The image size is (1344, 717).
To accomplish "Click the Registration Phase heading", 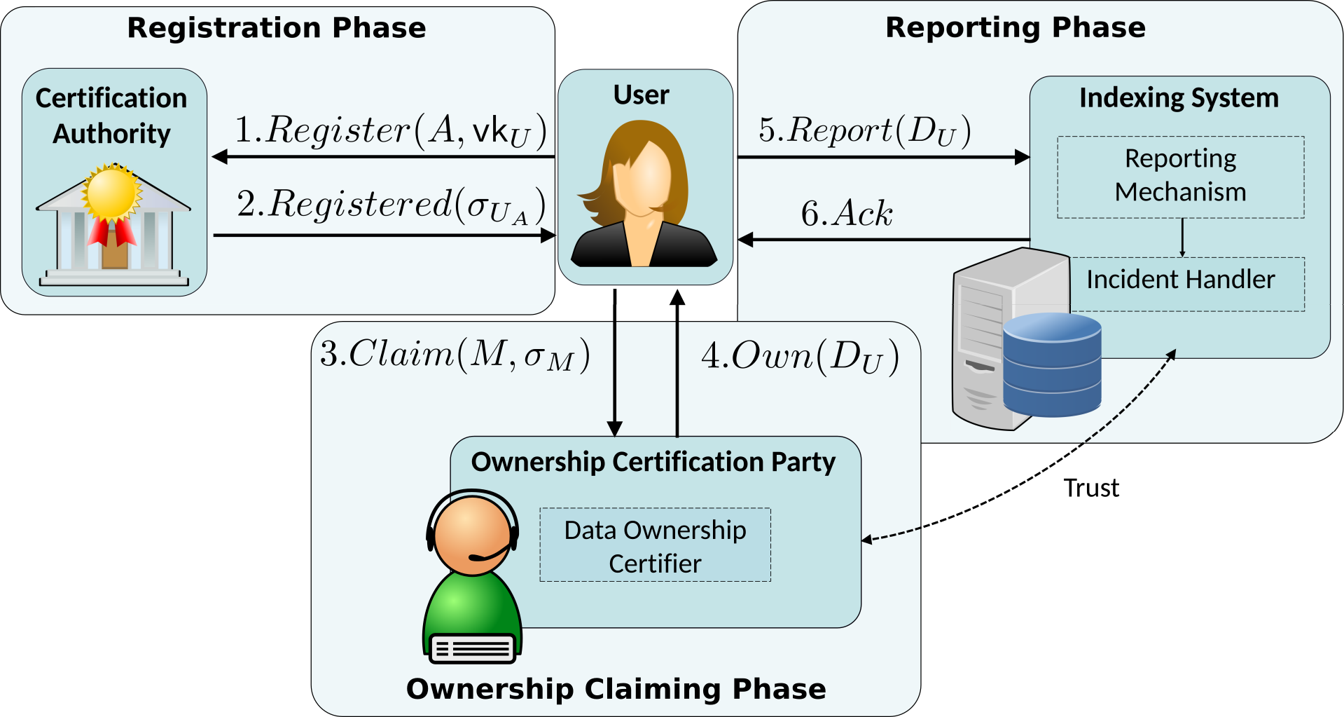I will tap(277, 28).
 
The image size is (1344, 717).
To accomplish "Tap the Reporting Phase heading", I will tap(1015, 27).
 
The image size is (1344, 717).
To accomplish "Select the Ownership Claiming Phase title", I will tap(616, 689).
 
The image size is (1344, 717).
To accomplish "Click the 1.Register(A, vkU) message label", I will tap(390, 131).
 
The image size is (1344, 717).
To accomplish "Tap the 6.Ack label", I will tap(847, 213).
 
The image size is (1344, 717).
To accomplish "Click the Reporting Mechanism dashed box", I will tap(1180, 177).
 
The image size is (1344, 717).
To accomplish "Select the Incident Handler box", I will tap(1181, 280).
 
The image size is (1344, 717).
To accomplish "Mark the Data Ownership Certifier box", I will tap(655, 545).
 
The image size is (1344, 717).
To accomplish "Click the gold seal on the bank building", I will tap(111, 192).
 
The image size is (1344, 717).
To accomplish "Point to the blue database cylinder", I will tap(1051, 364).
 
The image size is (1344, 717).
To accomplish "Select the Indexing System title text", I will tap(1179, 97).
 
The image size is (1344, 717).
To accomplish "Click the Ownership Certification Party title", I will tap(653, 462).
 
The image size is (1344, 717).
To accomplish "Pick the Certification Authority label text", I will tap(111, 116).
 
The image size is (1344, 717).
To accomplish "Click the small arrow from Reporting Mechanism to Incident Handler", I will tap(1182, 238).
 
